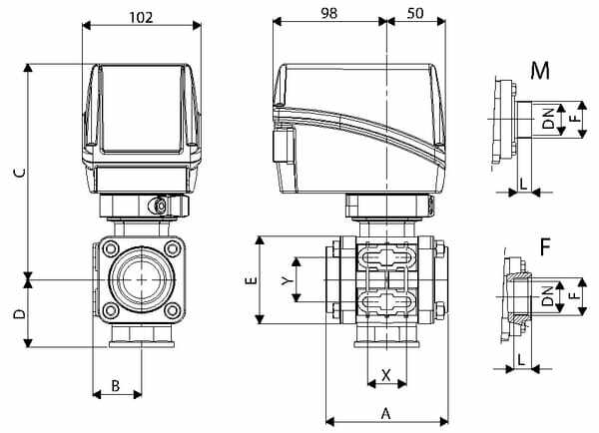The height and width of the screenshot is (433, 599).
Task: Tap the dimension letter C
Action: [18, 172]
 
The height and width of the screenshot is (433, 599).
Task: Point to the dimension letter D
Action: [18, 313]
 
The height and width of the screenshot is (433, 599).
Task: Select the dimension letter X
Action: [384, 378]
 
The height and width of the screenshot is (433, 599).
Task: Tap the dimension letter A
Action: [385, 411]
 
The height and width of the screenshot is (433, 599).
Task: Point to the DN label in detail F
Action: [547, 295]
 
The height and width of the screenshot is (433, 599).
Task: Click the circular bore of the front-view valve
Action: [139, 280]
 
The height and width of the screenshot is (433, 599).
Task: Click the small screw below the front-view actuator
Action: [157, 206]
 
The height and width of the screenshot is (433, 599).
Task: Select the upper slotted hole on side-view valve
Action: [384, 257]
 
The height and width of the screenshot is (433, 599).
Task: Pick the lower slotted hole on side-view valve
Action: [384, 302]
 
